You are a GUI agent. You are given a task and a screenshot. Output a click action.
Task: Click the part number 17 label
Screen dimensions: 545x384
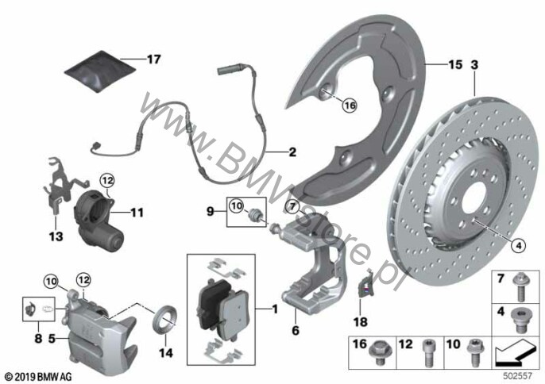153,60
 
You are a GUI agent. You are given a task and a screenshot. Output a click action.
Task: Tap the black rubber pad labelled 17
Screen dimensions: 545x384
100,72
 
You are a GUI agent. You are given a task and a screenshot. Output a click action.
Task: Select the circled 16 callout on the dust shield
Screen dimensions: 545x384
350,106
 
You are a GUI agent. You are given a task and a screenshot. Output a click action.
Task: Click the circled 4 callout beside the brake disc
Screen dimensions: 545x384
518,246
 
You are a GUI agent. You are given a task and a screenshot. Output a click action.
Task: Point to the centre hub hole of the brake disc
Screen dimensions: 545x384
474,195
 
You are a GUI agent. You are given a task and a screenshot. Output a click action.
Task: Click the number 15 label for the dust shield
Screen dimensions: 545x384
455,64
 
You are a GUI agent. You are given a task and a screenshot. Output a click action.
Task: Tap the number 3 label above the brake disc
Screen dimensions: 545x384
474,64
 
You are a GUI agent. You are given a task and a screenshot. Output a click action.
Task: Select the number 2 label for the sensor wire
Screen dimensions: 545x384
292,152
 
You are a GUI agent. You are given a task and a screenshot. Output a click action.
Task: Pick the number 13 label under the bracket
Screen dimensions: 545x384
56,236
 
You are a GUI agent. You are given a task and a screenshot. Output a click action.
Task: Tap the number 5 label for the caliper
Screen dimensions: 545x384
52,338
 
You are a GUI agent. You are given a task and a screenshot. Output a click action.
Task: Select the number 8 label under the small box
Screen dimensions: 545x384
38,338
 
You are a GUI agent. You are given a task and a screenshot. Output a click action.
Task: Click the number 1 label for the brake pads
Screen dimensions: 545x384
275,309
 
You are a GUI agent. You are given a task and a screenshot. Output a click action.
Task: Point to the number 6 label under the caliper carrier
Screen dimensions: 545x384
295,330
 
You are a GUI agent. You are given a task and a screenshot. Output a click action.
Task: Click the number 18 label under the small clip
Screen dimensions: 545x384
360,322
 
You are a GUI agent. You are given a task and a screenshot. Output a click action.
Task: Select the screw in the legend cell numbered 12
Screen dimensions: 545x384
427,352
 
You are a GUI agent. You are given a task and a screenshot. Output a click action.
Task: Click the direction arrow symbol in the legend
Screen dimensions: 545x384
515,353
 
